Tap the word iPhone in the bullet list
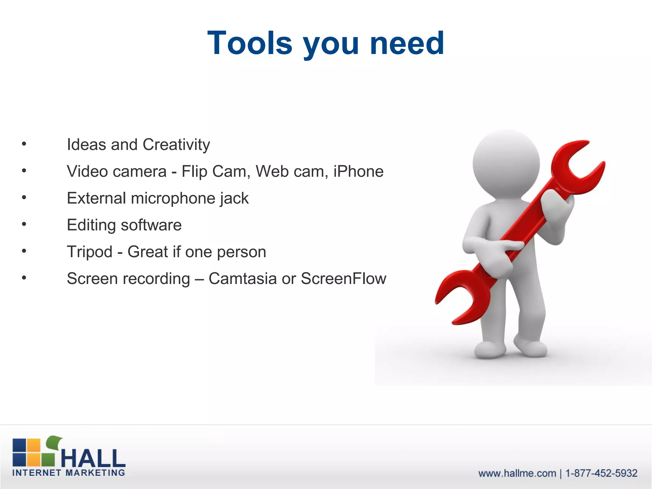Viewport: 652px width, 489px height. coord(358,172)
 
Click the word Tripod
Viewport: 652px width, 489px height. coord(89,252)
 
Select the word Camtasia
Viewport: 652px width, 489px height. coord(243,279)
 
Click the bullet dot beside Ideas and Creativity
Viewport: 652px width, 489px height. coord(24,144)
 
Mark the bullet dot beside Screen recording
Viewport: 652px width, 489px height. coord(24,278)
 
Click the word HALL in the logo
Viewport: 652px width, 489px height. coord(93,458)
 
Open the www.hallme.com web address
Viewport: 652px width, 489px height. coord(517,473)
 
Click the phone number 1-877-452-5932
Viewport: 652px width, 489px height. coord(601,473)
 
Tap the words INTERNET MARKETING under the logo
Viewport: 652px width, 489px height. coord(68,473)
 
